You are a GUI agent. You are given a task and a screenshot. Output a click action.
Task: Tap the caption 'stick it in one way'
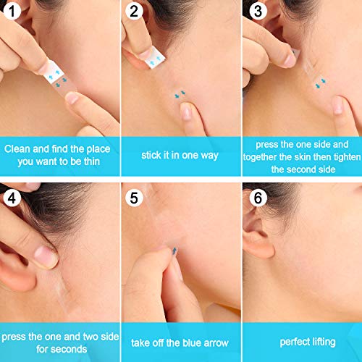coord(180,154)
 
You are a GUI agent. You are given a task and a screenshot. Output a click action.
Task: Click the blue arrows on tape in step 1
coord(54,75)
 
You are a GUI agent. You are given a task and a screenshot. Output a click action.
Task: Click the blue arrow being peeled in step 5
coord(173,251)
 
